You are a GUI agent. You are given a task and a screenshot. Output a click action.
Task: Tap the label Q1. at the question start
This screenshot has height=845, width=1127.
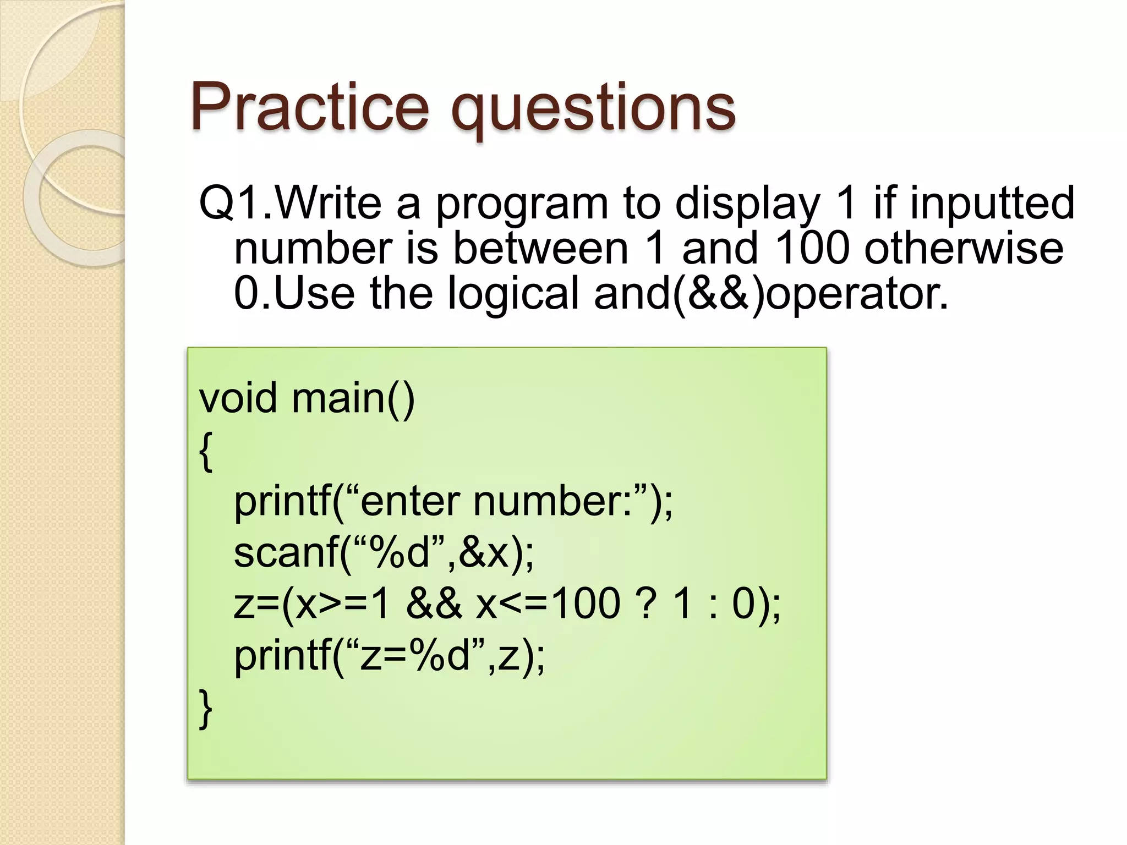[x=236, y=203]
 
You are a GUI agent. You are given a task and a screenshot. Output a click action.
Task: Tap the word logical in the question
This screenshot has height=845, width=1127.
[x=513, y=294]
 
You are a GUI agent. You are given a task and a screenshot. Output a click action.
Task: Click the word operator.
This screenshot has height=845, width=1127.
[x=857, y=294]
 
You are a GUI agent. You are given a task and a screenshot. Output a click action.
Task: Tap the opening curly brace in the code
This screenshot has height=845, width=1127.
[x=206, y=451]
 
